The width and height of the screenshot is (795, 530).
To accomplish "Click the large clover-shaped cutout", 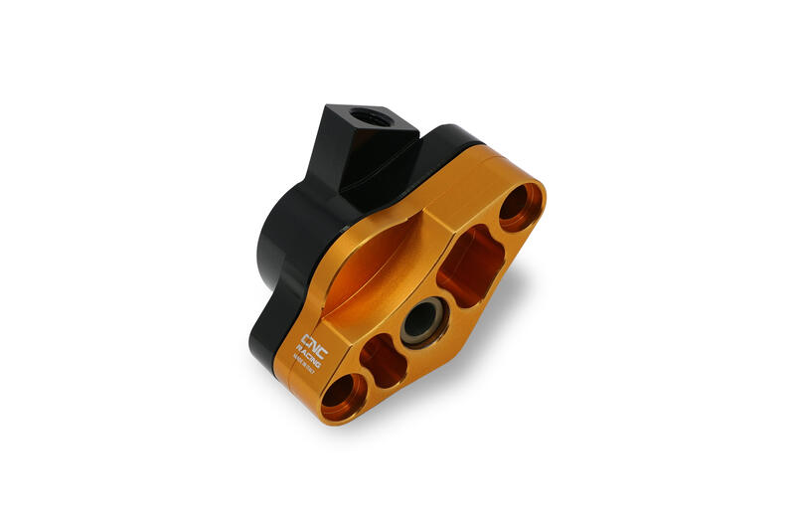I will [x=472, y=263].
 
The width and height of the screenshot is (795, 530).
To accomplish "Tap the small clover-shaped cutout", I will [x=383, y=360].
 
